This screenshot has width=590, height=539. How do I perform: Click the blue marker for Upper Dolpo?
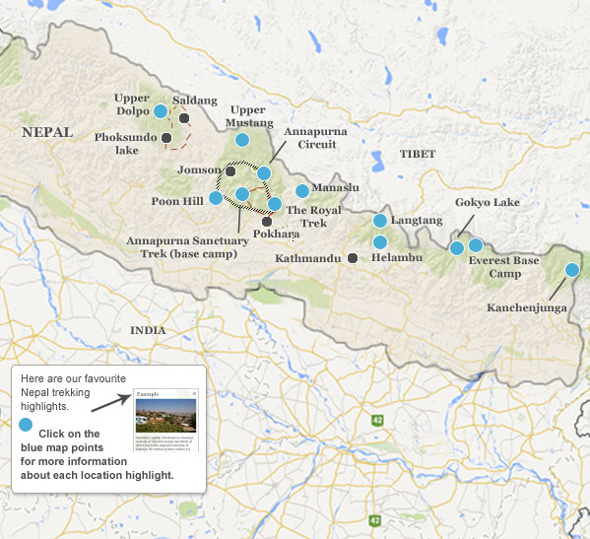click(x=161, y=111)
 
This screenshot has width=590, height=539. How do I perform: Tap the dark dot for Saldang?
click(x=184, y=118)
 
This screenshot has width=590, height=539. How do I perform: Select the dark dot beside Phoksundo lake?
click(x=166, y=137)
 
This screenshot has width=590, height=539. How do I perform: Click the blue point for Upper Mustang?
click(x=242, y=140)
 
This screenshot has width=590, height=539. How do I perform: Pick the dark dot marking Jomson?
click(x=230, y=170)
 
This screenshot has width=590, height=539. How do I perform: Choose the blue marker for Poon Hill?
click(x=216, y=198)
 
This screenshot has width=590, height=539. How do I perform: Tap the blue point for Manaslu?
click(x=301, y=190)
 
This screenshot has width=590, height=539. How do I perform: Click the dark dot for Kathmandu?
click(x=353, y=258)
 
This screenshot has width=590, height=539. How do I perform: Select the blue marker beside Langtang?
click(x=380, y=221)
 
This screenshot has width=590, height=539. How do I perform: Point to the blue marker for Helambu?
click(x=380, y=242)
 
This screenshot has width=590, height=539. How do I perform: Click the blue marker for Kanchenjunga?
click(x=571, y=270)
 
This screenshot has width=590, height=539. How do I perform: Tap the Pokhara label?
click(x=276, y=235)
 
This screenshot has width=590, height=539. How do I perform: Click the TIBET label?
click(x=418, y=155)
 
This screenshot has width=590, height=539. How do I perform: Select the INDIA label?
click(x=148, y=331)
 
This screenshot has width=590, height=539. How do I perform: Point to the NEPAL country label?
click(x=47, y=132)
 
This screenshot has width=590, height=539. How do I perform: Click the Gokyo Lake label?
click(x=487, y=203)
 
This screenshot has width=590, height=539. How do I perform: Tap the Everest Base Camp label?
click(x=503, y=267)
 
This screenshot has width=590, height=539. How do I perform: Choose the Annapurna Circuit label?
click(x=310, y=138)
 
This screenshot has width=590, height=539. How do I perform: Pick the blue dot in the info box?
click(x=27, y=425)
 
